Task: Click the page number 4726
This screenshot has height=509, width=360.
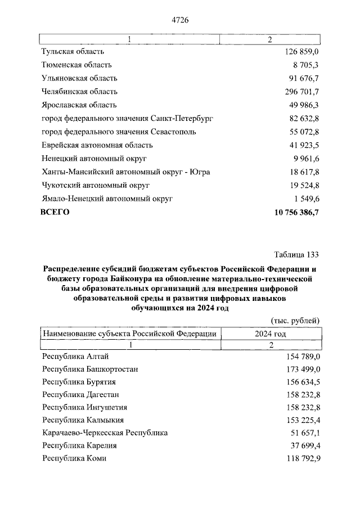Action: click(x=179, y=20)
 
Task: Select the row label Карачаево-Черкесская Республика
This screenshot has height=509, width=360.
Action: click(x=105, y=433)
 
